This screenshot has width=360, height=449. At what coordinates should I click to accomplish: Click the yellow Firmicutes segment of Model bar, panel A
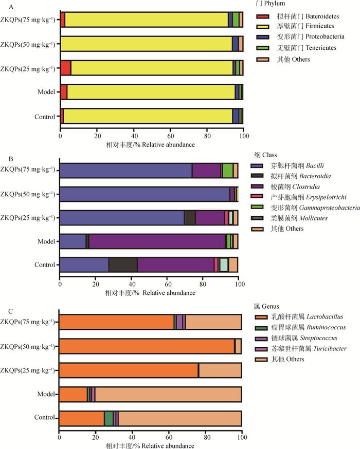[x=149, y=92]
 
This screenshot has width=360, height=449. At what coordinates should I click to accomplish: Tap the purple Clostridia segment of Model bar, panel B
[x=157, y=241]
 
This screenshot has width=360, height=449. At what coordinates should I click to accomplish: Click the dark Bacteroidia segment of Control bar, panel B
[x=123, y=265]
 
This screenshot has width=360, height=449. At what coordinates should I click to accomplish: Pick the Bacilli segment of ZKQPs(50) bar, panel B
[x=145, y=194]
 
